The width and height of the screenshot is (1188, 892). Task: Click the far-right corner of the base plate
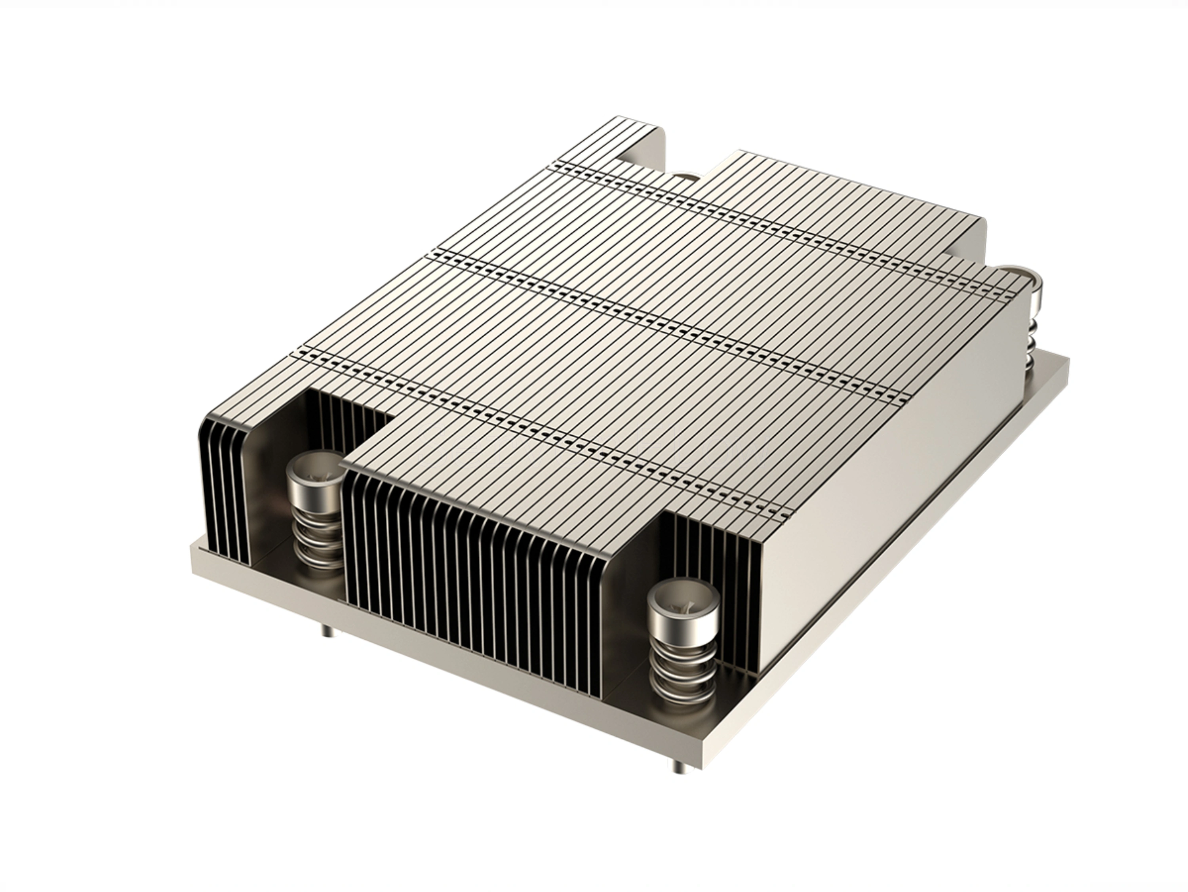point(1067,361)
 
